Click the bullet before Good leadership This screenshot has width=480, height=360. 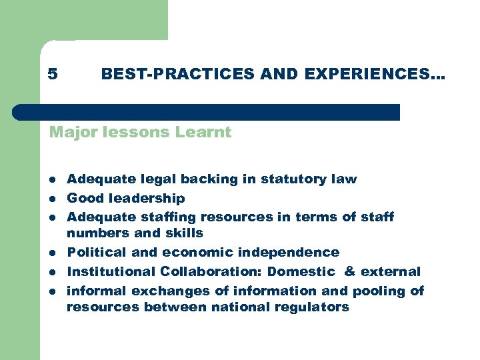[x=52, y=199]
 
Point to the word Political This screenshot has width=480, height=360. [x=94, y=252]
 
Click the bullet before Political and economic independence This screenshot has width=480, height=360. [x=52, y=253]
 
